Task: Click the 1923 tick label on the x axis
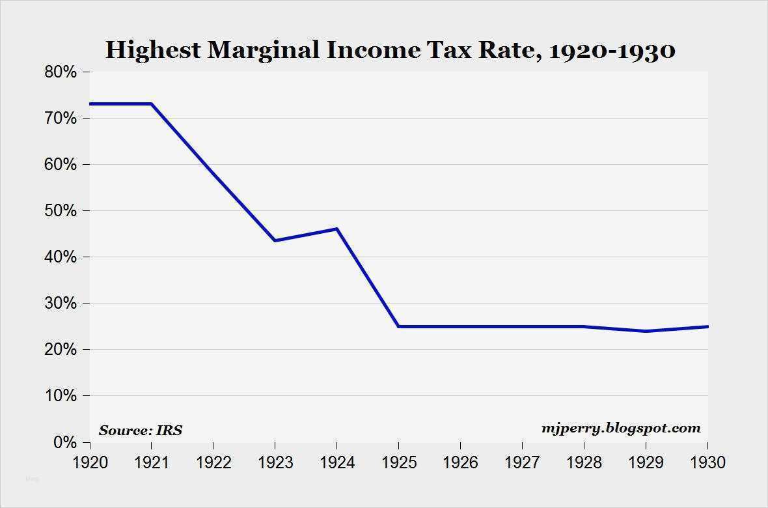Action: (275, 462)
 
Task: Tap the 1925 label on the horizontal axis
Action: (399, 462)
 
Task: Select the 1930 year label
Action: (707, 462)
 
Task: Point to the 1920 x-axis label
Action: (90, 462)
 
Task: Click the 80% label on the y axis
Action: (61, 72)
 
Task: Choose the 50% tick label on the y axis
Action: (61, 211)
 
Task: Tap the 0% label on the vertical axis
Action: (64, 443)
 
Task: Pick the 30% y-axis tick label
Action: (61, 303)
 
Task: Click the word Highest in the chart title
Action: (153, 50)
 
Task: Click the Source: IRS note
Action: (141, 430)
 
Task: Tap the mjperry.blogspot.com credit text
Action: (621, 428)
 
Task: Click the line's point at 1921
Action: (152, 104)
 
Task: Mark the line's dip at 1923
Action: (275, 240)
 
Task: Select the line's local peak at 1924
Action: (337, 229)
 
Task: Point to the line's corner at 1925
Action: (399, 326)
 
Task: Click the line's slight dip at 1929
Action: (646, 331)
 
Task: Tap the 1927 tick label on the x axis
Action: (522, 462)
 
